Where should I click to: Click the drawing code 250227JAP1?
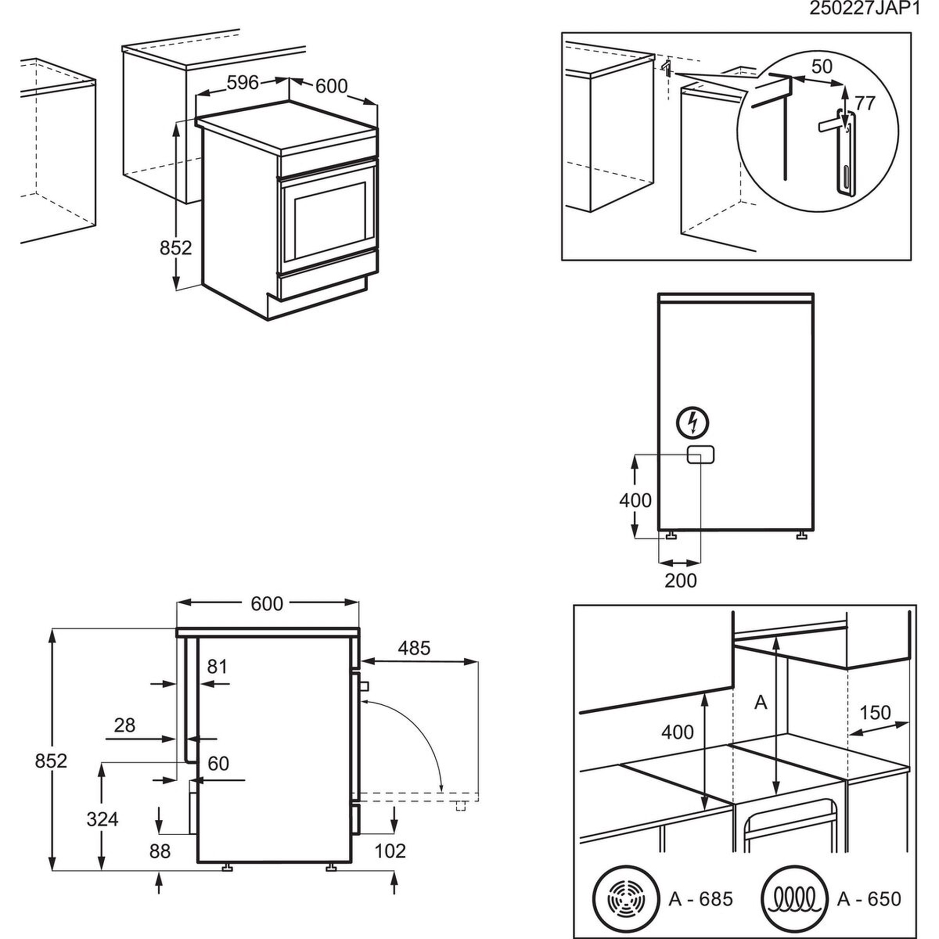pos(864,9)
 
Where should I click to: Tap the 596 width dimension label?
pos(243,83)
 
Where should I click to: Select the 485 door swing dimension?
pos(414,648)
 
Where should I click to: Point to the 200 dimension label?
pos(680,580)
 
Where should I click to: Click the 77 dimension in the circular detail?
pos(865,103)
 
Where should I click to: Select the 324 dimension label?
pos(102,819)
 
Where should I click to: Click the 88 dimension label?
pos(160,851)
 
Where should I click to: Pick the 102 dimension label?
pos(390,851)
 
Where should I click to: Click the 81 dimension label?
pos(217,667)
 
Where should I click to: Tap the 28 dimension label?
pos(124,726)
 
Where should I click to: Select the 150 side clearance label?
pos(875,713)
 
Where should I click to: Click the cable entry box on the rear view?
pos(700,454)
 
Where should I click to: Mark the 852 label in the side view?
pos(51,761)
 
